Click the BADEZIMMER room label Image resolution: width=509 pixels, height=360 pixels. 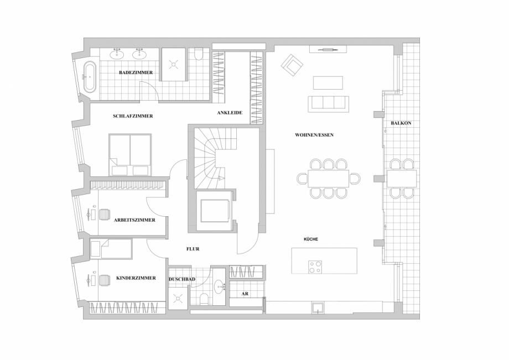[x=135, y=73]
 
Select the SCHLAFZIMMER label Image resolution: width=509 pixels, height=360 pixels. [x=133, y=116]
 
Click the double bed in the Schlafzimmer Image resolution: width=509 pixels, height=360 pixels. [x=130, y=154]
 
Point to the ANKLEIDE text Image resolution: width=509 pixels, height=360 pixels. [x=230, y=113]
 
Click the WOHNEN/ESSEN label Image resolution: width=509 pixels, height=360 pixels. [x=315, y=135]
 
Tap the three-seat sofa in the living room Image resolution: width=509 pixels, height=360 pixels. [x=328, y=103]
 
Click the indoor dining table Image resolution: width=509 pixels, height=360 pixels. [x=328, y=178]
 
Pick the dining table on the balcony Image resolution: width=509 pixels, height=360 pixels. [x=402, y=178]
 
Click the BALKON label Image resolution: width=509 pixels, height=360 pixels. [x=401, y=123]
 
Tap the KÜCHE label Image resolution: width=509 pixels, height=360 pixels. [x=310, y=239]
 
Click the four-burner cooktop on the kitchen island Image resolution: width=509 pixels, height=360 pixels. [x=315, y=267]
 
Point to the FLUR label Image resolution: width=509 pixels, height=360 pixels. [x=193, y=249]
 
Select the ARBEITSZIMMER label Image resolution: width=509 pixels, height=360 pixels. [x=134, y=220]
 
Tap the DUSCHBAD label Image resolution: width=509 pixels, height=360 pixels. [x=181, y=280]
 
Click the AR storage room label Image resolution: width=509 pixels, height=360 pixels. [x=245, y=294]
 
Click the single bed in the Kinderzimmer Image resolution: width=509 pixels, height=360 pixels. [x=111, y=249]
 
